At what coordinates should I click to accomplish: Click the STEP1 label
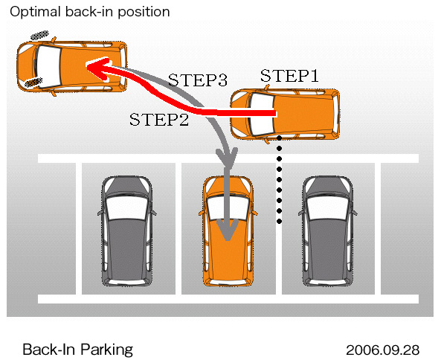289,75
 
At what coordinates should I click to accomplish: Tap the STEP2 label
159,119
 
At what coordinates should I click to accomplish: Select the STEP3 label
197,80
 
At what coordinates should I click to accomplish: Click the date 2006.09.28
382,350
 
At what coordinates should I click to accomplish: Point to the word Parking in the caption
106,350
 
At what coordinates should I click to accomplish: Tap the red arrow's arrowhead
98,68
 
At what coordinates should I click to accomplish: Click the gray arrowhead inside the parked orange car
228,230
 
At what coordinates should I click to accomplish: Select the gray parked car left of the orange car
127,231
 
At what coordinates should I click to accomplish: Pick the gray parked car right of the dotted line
328,231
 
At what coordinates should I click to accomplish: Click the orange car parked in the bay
228,231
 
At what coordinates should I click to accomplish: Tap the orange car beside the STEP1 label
285,114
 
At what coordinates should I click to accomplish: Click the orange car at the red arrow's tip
72,66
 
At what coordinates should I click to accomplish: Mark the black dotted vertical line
280,179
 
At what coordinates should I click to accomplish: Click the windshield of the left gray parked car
127,208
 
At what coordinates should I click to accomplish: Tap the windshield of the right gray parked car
328,208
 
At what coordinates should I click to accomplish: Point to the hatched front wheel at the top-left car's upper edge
39,35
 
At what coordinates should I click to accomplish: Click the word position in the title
144,13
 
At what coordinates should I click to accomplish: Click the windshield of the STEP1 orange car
262,115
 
